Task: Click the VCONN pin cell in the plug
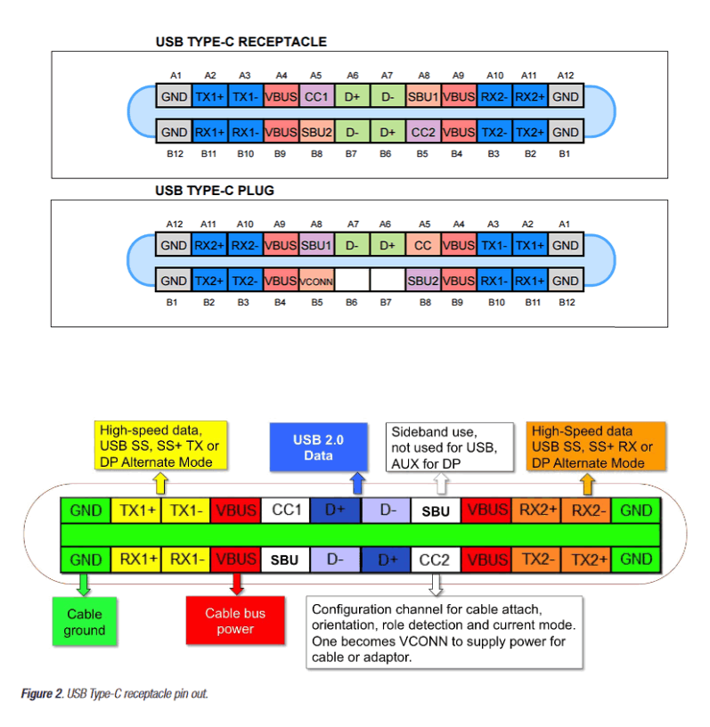(316, 281)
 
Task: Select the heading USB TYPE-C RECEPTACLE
(241, 42)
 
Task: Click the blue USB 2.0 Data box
(318, 447)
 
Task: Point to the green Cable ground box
(85, 622)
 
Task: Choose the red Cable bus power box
(235, 621)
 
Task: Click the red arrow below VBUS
(236, 584)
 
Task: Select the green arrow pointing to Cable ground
(85, 584)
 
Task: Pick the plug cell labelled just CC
(423, 245)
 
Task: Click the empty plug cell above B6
(352, 281)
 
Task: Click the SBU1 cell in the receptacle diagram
(423, 96)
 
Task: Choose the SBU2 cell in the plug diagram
(423, 281)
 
